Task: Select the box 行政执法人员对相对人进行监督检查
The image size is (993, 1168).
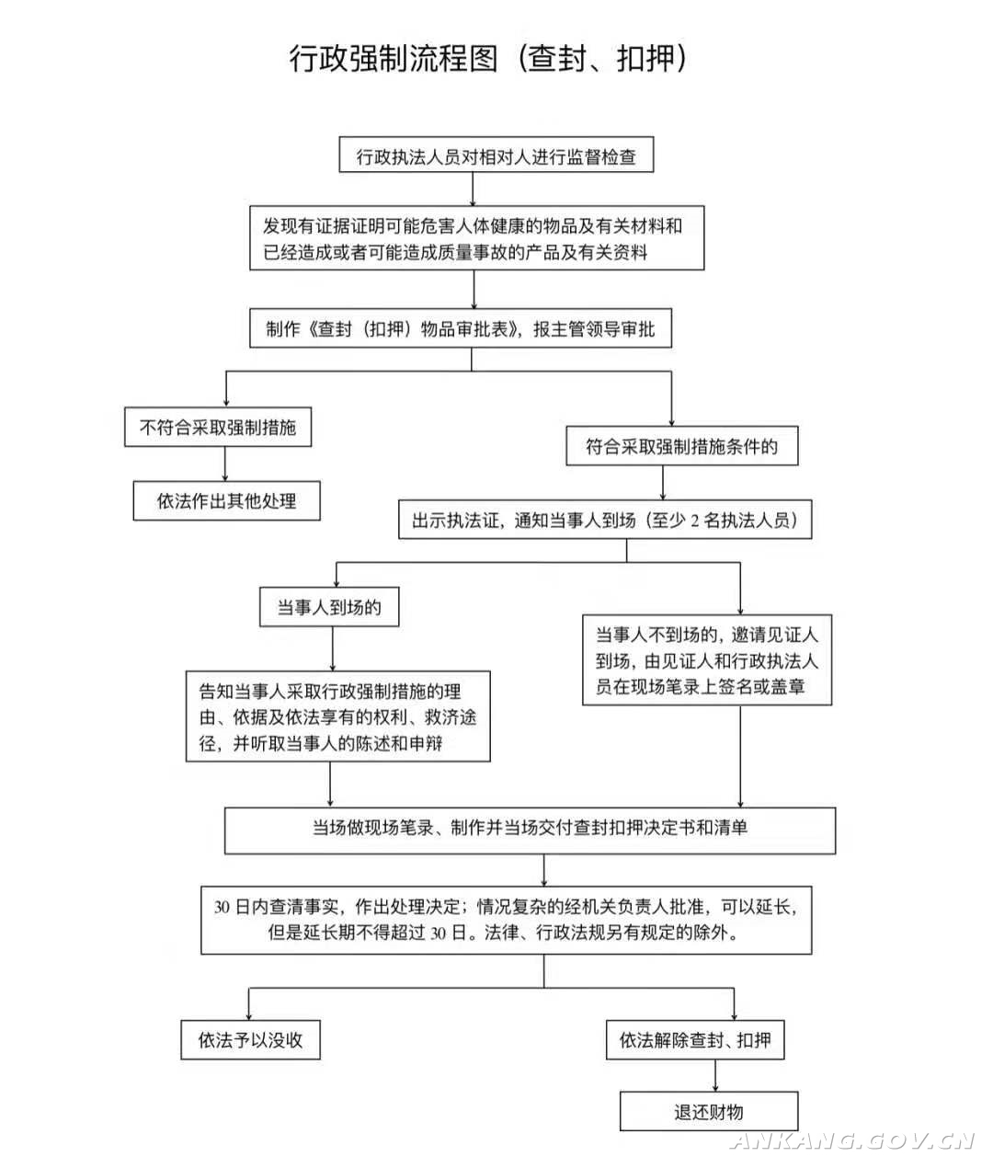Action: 496,156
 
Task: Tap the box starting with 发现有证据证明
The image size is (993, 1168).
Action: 476,238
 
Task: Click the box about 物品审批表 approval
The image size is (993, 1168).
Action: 461,329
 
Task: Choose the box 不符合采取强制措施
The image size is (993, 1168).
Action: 219,428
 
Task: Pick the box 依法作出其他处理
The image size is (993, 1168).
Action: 227,501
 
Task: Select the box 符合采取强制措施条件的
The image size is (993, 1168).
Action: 681,447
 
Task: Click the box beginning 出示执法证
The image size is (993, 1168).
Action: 605,521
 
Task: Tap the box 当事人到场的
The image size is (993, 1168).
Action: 329,608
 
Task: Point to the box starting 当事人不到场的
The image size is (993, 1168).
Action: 706,660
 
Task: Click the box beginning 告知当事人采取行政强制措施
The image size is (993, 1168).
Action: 337,716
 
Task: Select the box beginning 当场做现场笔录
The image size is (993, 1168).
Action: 530,829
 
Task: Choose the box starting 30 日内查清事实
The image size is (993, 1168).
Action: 506,919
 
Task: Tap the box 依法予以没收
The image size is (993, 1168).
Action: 251,1040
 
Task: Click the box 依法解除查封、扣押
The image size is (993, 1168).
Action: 695,1040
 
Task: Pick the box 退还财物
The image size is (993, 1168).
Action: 708,1112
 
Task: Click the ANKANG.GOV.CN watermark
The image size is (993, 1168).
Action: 851,1141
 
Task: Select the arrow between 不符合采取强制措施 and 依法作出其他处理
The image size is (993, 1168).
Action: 225,464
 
